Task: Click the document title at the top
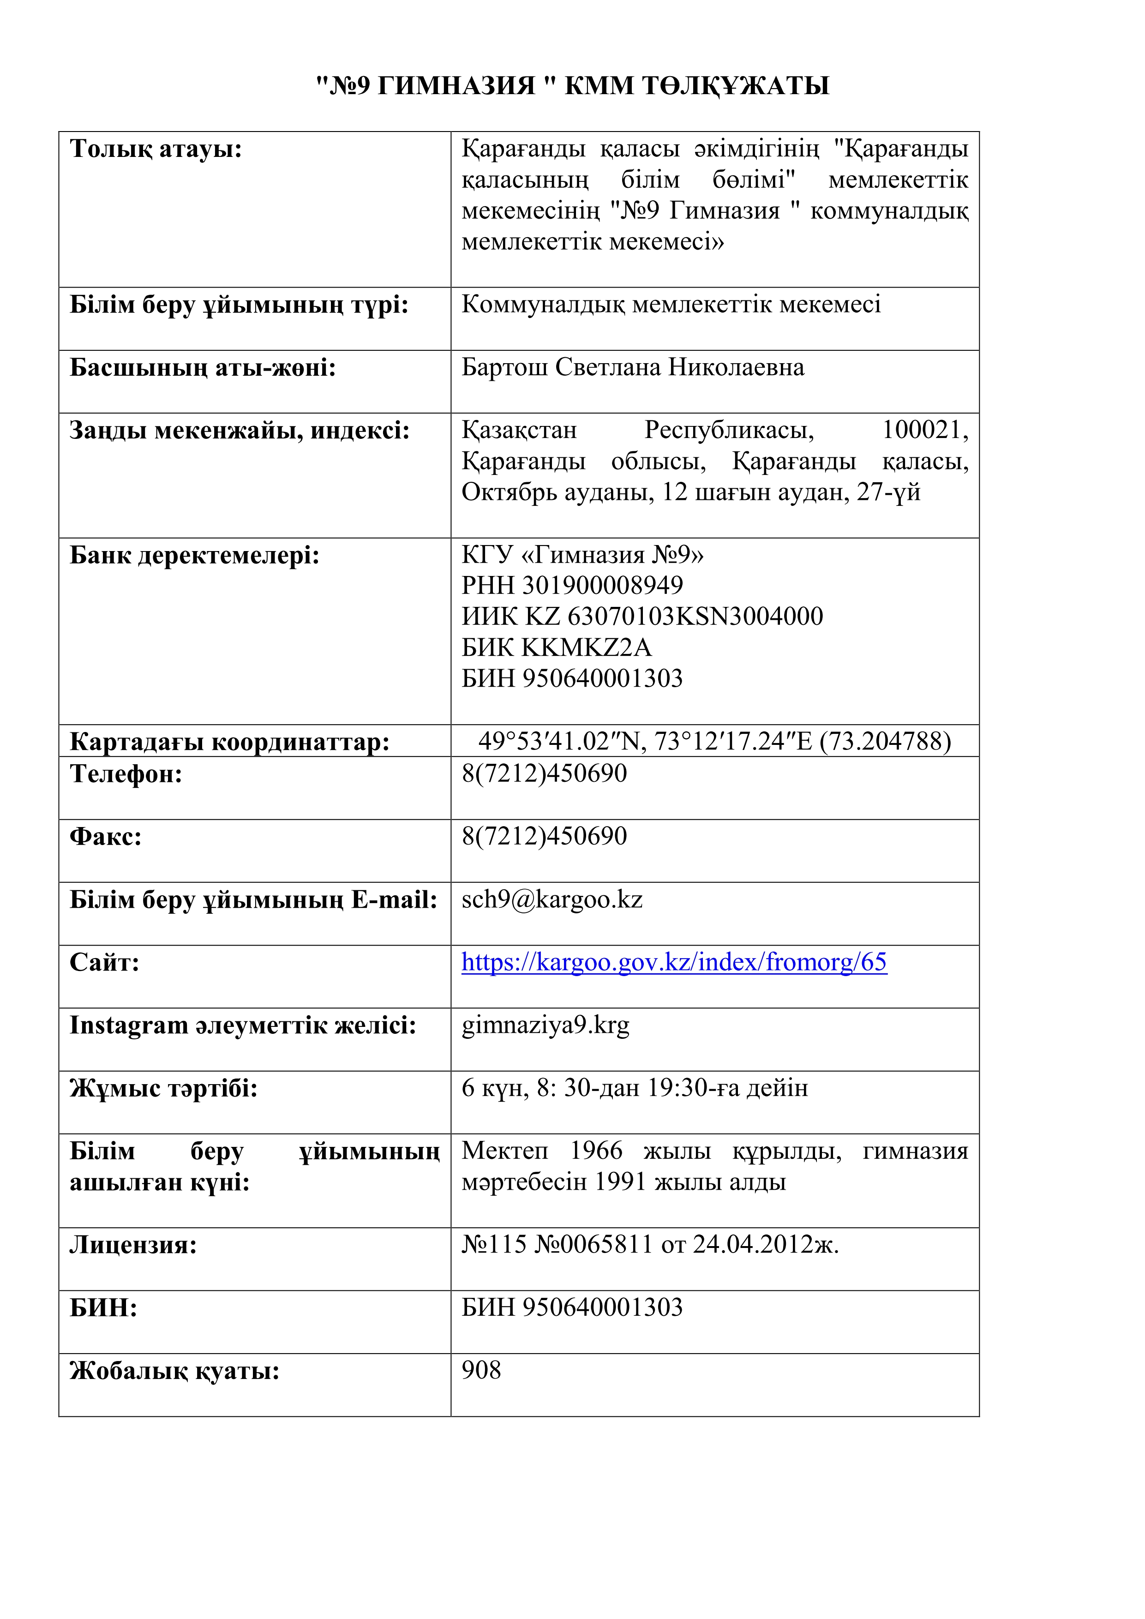point(572,86)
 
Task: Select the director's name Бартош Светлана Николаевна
point(632,367)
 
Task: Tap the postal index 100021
point(924,430)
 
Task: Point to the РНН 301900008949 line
point(572,585)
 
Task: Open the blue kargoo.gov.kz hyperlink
point(673,963)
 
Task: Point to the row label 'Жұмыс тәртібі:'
point(163,1089)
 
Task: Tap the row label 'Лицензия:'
point(132,1245)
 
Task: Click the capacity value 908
point(481,1370)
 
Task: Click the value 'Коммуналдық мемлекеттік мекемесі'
point(671,305)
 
